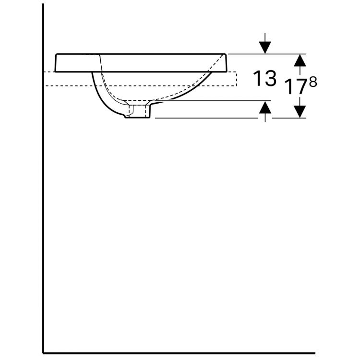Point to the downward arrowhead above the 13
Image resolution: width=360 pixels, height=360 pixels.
click(x=265, y=47)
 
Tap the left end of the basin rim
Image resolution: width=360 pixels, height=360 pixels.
click(x=57, y=62)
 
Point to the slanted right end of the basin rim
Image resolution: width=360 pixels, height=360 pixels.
click(x=224, y=62)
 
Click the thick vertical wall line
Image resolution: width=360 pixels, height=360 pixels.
click(x=43, y=192)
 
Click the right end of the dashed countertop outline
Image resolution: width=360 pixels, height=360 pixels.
click(x=236, y=79)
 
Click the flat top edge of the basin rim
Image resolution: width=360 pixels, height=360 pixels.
click(x=144, y=53)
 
